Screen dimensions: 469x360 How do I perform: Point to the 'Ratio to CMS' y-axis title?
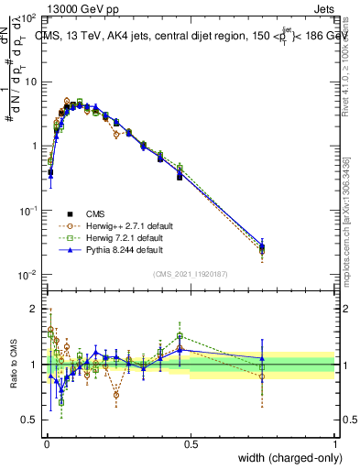coord(12,365)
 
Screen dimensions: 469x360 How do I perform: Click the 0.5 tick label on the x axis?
coord(191,443)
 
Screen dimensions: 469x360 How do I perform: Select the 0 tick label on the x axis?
coord(46,443)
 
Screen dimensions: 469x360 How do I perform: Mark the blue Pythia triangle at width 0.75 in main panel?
coord(262,245)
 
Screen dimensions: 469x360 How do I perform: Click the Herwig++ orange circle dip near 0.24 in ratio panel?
coord(116,396)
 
